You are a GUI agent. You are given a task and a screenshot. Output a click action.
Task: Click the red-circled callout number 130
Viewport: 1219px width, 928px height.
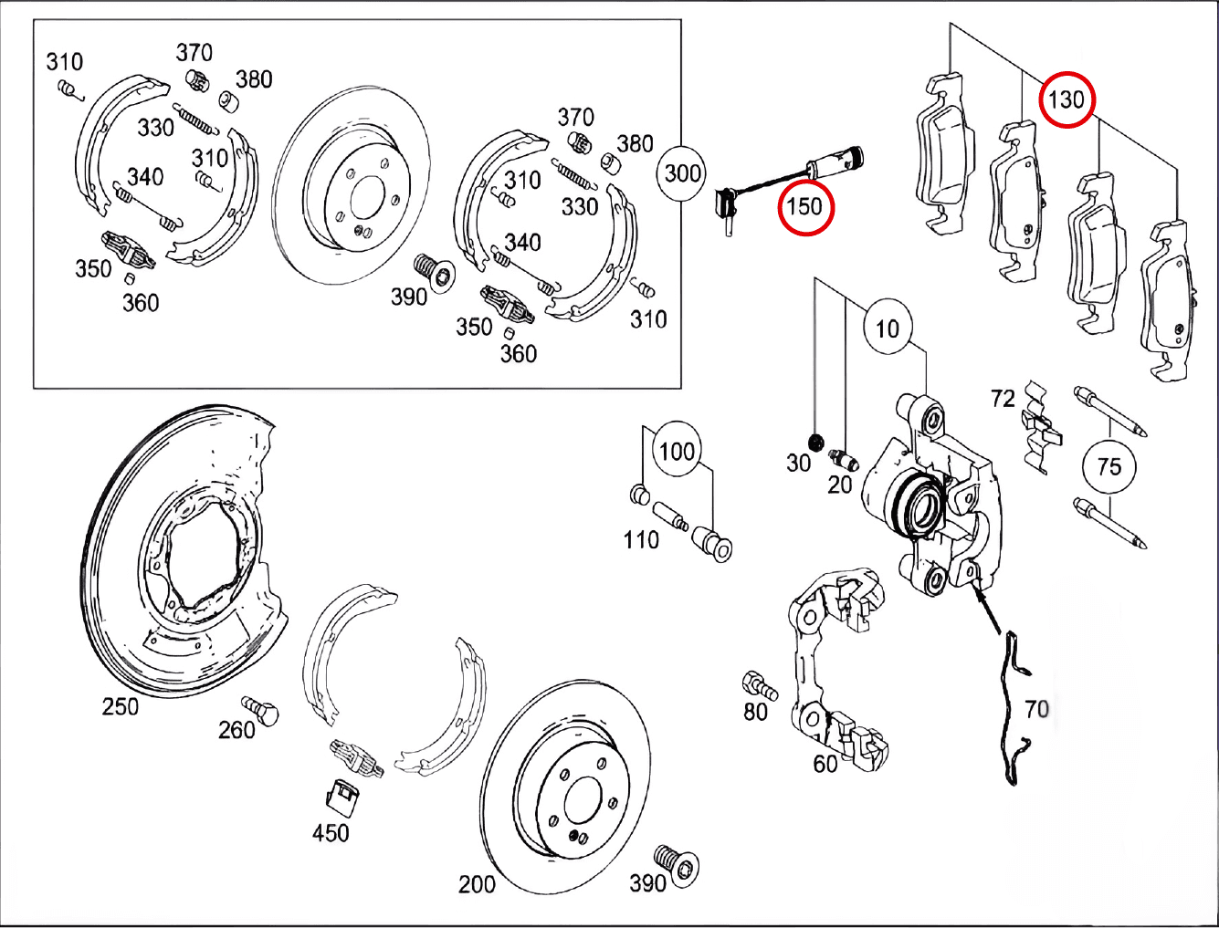pos(1066,99)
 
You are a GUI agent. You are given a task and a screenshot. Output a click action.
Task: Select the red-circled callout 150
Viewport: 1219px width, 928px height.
pos(805,206)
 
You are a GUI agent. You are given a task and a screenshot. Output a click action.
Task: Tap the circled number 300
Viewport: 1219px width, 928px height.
pos(683,173)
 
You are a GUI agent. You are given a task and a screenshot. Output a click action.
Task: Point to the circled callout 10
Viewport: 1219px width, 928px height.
pos(888,328)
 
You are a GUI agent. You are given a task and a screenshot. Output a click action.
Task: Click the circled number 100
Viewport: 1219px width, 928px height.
pos(677,451)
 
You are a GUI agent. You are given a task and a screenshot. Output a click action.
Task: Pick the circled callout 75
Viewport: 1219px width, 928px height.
pos(1109,467)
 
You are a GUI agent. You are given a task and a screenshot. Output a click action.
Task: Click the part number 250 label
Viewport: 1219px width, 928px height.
pos(121,706)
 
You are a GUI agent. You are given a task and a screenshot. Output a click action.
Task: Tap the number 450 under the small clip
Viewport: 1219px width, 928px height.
pos(331,832)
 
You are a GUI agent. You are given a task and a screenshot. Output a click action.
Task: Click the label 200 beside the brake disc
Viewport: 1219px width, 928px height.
pos(477,883)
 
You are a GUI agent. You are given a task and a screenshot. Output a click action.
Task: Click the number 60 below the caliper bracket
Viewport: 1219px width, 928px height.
pos(825,763)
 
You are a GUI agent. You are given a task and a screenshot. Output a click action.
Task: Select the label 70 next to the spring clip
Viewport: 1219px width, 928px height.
pos(1036,708)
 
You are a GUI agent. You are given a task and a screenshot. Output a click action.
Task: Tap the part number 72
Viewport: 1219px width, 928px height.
pos(1003,399)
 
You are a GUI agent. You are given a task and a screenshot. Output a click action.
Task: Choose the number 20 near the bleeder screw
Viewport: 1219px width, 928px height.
pos(839,485)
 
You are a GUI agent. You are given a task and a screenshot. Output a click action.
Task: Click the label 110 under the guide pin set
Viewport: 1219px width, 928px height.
pos(641,540)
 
